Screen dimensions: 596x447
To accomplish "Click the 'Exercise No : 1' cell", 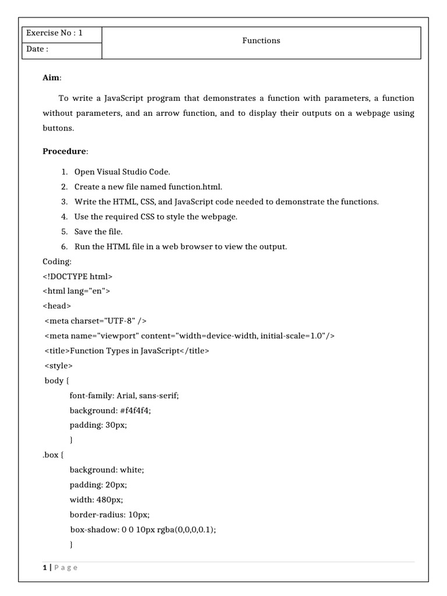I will [x=54, y=33].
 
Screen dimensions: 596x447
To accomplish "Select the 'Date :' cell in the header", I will [x=36, y=49].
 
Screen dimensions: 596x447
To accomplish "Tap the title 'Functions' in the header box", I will [x=261, y=41].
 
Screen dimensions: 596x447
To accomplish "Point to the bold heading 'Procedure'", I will [x=65, y=151].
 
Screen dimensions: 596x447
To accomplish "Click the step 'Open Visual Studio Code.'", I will [x=122, y=172].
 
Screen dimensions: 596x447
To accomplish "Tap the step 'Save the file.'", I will [x=98, y=232].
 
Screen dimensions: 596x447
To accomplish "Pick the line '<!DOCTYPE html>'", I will [x=77, y=276].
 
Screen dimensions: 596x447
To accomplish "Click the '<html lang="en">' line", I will [x=76, y=291].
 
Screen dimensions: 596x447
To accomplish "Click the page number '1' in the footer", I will [x=44, y=568].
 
